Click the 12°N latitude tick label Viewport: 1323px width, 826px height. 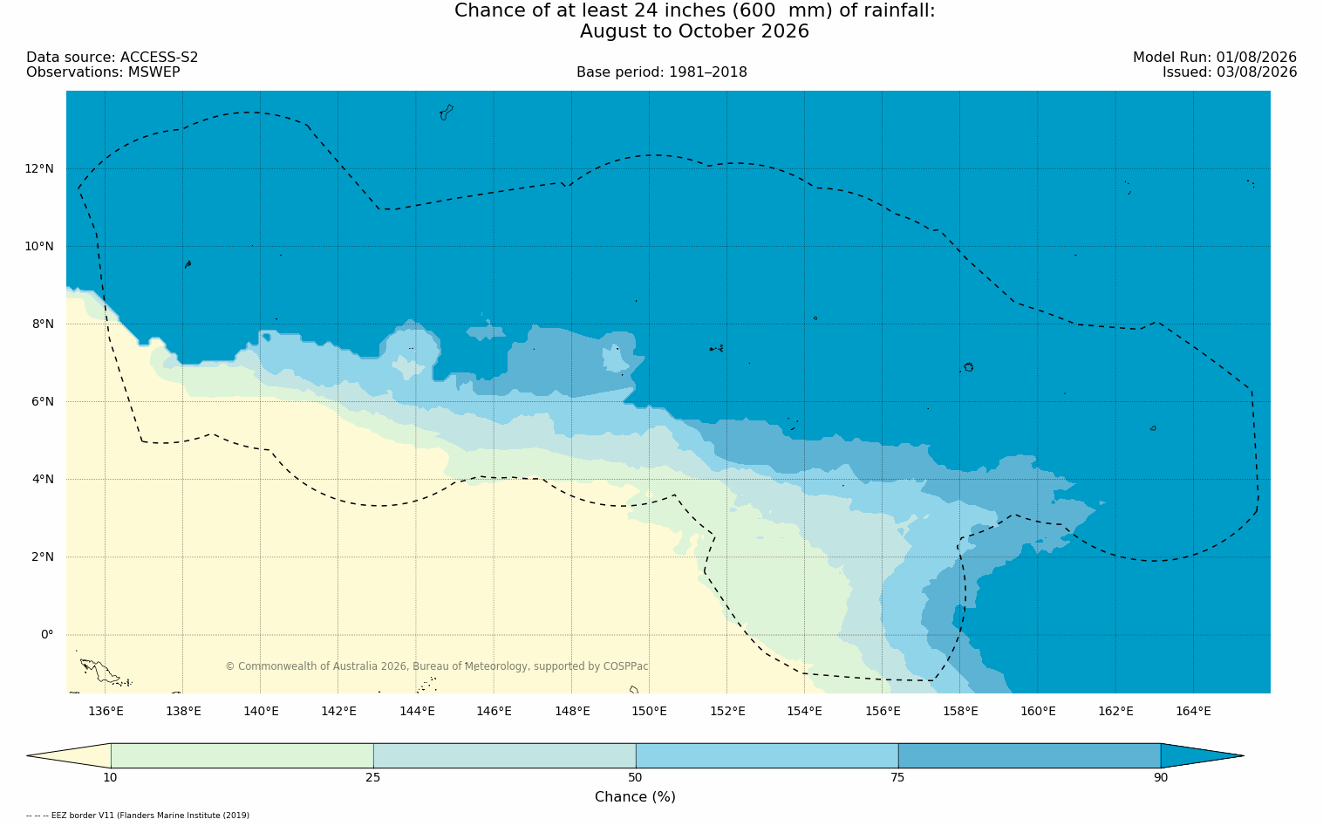(x=39, y=169)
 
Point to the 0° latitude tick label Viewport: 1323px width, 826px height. (x=47, y=635)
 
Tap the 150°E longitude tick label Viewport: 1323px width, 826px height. (x=649, y=711)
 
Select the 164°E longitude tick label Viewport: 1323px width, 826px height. (x=1193, y=711)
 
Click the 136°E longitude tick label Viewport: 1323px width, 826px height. (x=106, y=711)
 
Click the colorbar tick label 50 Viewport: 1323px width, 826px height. (x=635, y=777)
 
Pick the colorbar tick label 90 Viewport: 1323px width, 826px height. (x=1161, y=777)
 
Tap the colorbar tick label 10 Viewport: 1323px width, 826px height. (x=111, y=777)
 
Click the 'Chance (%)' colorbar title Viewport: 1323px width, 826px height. (x=635, y=797)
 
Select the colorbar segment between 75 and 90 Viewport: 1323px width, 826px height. (x=1029, y=755)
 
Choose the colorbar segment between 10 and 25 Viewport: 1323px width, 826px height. (x=242, y=755)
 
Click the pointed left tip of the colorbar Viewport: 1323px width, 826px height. (x=27, y=755)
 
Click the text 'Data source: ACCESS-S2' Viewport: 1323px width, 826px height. (x=113, y=58)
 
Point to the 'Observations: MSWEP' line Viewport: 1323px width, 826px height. (x=103, y=72)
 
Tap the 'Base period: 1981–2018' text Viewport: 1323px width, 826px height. (x=661, y=72)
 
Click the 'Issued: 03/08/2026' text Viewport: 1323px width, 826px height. (x=1230, y=72)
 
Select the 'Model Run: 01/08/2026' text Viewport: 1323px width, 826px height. (x=1214, y=58)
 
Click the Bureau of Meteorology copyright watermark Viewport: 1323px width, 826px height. (x=437, y=666)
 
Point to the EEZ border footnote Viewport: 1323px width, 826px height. (x=138, y=816)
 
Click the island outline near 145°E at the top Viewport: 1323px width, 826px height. (x=447, y=113)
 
